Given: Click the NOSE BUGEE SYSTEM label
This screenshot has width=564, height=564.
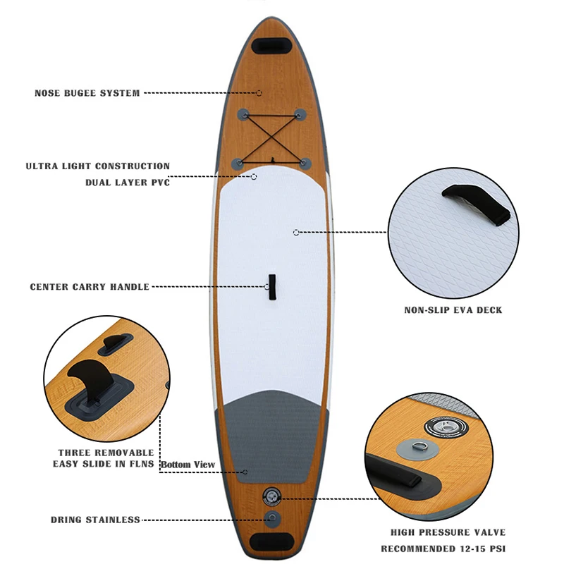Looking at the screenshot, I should tap(87, 93).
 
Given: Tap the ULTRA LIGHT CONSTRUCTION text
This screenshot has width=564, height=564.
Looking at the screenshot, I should tap(98, 166).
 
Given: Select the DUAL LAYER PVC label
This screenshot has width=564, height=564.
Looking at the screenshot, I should tap(128, 182).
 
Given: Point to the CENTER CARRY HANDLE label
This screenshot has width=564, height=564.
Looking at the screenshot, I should tap(90, 287).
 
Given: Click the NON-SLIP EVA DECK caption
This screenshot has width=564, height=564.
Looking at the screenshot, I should tap(453, 309).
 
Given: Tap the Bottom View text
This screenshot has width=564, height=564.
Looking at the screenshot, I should tap(188, 465).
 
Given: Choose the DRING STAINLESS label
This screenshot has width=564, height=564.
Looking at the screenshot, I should tap(95, 520).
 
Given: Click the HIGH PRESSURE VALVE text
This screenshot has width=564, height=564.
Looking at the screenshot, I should tap(448, 532).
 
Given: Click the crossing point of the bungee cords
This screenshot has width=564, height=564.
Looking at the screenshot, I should tap(271, 135).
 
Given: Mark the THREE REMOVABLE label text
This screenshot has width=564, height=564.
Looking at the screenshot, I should tap(106, 452).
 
